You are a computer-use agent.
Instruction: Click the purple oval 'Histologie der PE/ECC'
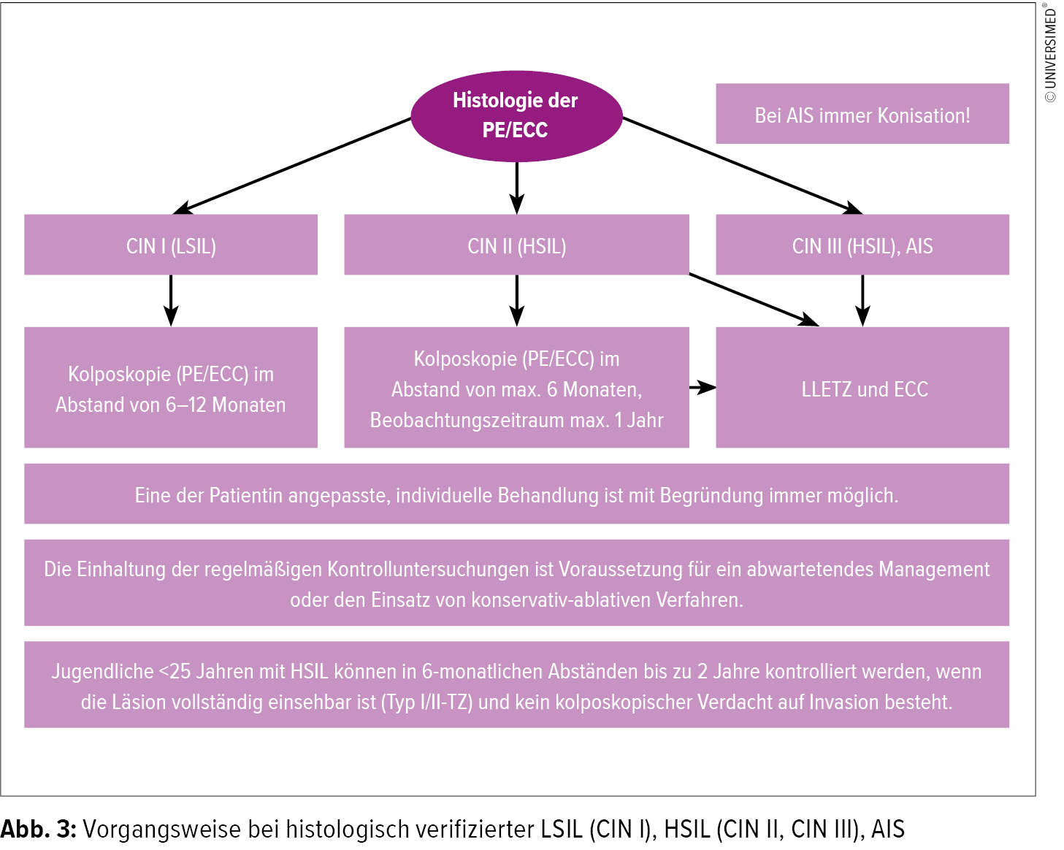[516, 115]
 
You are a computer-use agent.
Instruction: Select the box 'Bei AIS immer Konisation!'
[862, 114]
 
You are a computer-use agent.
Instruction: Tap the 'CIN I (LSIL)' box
[171, 245]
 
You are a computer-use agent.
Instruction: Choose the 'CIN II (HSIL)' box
[516, 245]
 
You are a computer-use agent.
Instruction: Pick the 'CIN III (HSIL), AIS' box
[862, 245]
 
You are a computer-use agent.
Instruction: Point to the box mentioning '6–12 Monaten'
[171, 388]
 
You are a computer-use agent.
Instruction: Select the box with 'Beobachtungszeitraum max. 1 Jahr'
[516, 388]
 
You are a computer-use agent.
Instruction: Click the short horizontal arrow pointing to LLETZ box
[702, 388]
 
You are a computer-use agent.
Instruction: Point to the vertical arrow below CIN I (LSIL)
[171, 300]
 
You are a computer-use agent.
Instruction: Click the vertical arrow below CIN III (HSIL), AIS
[862, 300]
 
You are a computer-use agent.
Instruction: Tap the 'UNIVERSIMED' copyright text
[1051, 55]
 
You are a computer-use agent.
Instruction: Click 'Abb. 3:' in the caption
[38, 830]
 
